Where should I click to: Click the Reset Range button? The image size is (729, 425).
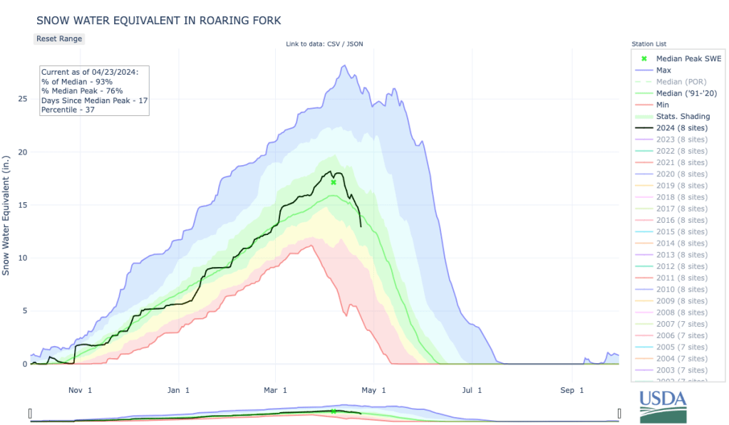click(x=59, y=38)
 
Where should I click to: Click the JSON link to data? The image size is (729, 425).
click(x=356, y=44)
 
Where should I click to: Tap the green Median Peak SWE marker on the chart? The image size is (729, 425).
click(x=334, y=182)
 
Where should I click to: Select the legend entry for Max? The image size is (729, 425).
click(x=663, y=70)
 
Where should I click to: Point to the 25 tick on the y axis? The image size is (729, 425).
click(x=22, y=99)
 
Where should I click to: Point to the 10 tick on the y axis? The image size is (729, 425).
click(x=22, y=258)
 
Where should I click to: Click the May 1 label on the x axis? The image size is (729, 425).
click(x=373, y=390)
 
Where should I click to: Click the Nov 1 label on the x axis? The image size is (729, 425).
click(x=80, y=390)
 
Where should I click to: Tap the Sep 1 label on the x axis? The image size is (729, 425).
click(x=572, y=390)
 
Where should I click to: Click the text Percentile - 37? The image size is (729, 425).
click(x=68, y=109)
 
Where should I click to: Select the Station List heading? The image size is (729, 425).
click(x=648, y=44)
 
